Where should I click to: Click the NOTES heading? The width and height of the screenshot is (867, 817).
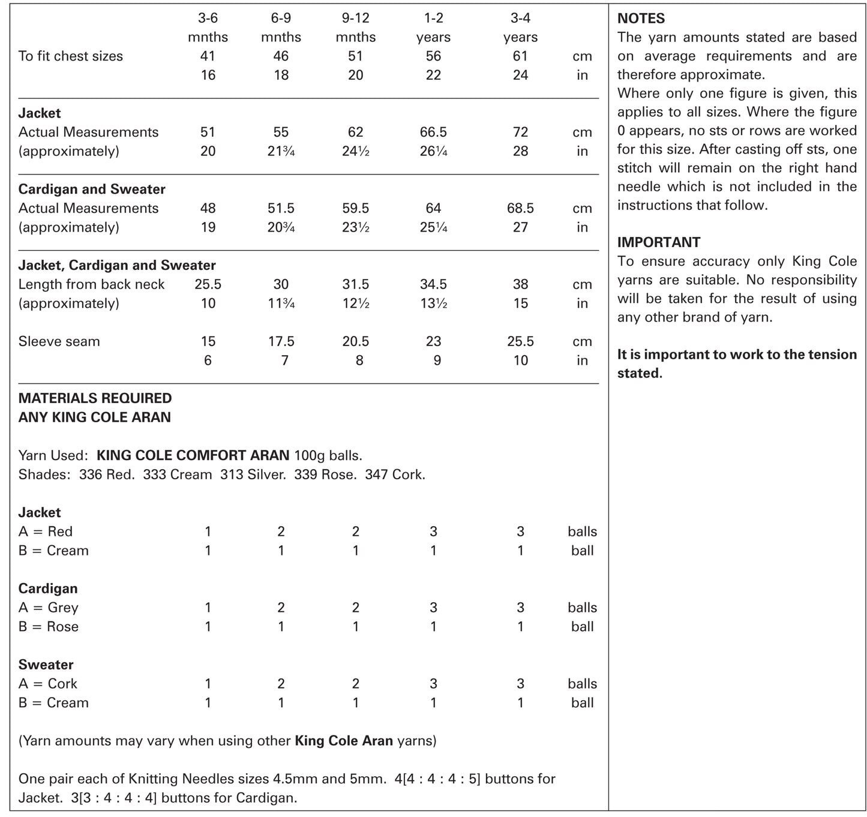641,19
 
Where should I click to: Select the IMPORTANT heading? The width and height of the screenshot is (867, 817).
658,242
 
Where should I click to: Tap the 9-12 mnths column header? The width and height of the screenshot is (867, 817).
355,28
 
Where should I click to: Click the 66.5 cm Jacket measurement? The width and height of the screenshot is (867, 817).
433,132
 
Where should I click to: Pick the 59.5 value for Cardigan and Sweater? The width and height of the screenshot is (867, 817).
355,208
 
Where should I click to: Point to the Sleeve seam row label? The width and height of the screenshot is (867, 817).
59,341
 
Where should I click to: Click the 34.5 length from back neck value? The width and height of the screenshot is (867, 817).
433,284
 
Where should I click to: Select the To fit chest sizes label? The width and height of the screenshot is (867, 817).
70,56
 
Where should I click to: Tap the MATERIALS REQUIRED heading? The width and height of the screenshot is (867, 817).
95,398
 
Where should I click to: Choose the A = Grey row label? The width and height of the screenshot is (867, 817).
48,608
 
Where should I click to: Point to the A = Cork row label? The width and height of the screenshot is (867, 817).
47,684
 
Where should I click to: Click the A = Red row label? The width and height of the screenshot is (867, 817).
45,531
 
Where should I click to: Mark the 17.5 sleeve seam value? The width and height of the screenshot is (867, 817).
281,341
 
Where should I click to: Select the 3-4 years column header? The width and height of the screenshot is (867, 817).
520,28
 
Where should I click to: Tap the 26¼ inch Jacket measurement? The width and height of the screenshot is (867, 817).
433,151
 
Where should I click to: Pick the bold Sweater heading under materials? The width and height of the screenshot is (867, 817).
46,665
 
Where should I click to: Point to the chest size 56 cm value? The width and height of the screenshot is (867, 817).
433,56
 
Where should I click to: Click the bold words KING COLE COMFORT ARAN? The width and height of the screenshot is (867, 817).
193,455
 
